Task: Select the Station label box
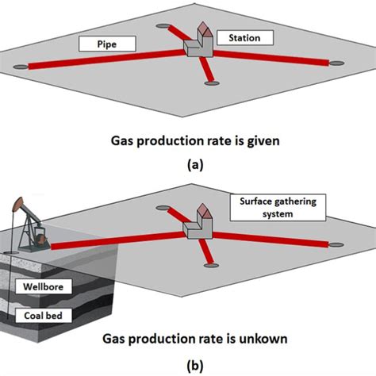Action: coord(249,37)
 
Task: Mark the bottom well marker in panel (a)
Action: coord(211,82)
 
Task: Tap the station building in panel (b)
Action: coord(198,222)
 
